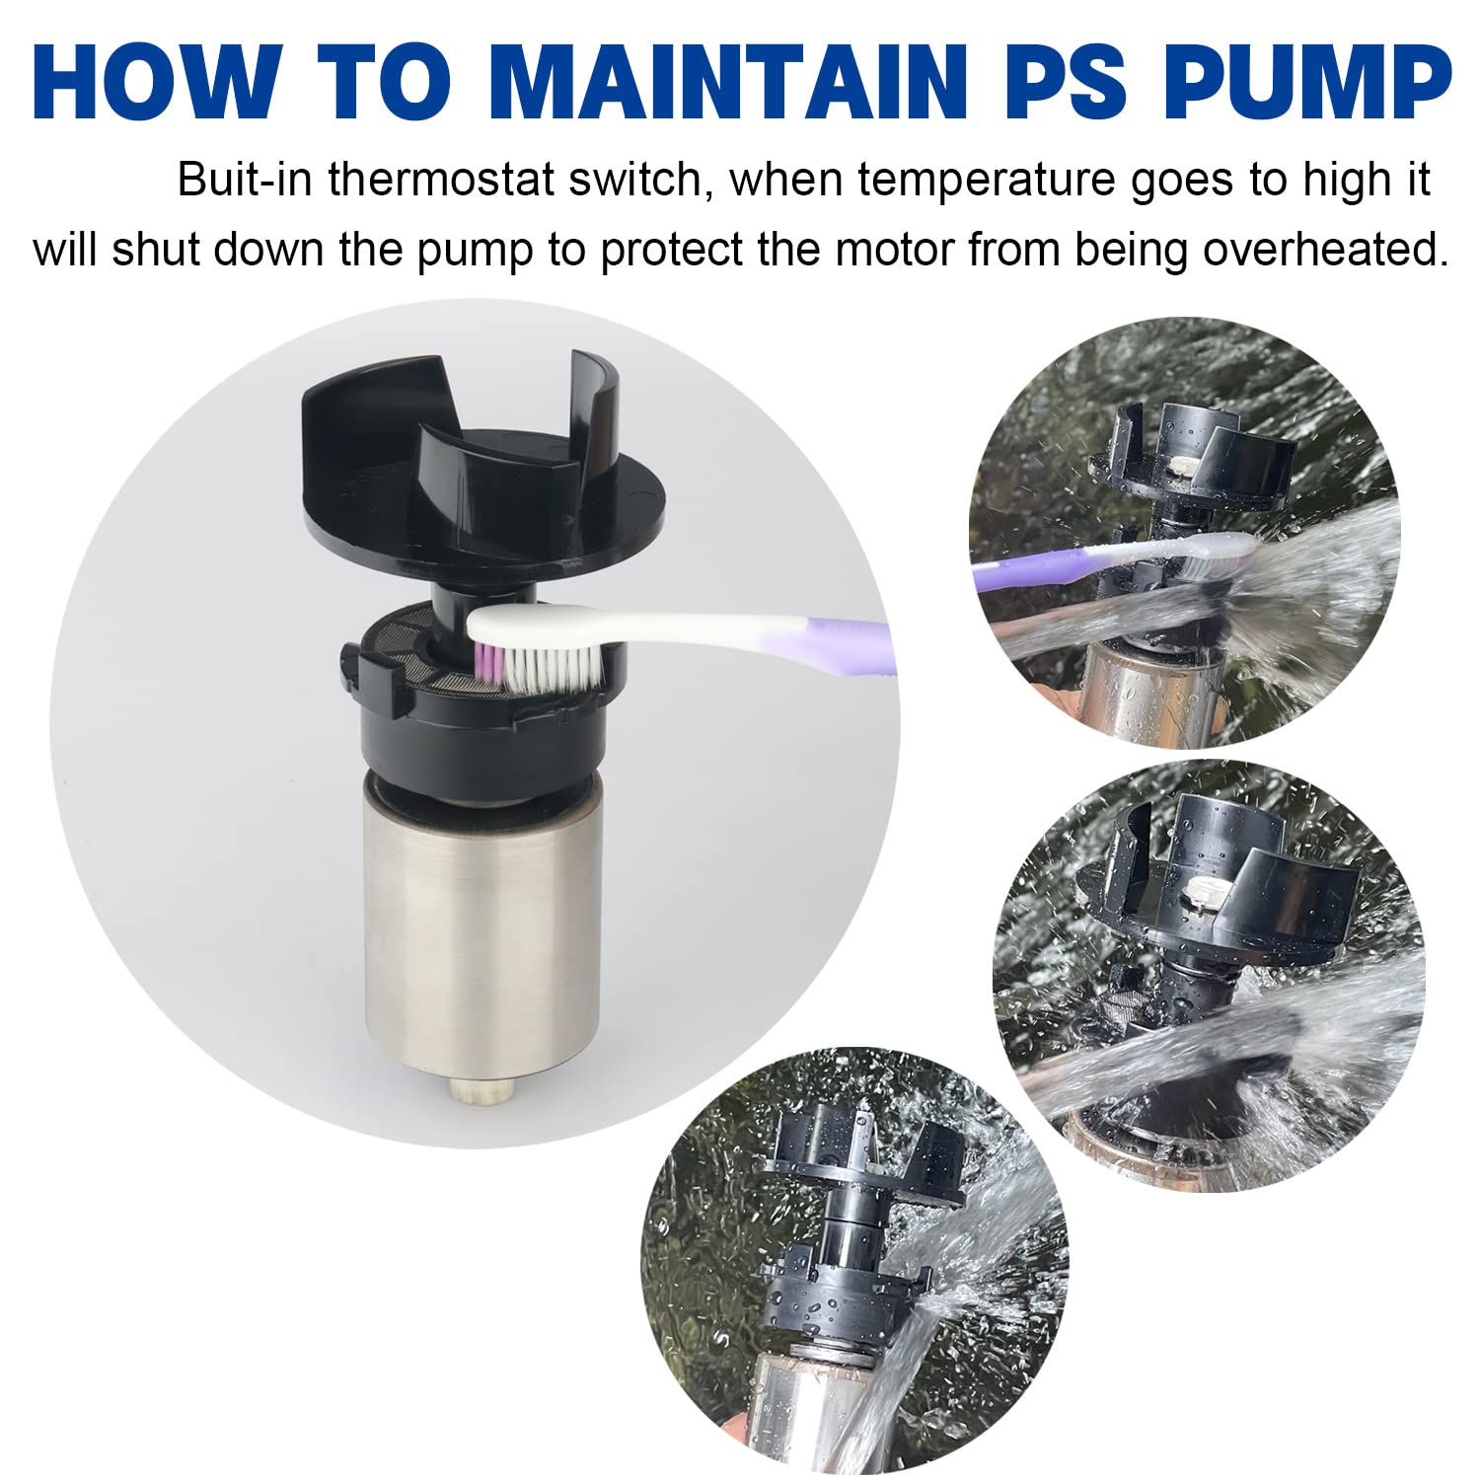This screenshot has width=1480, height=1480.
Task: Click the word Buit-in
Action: [x=247, y=182]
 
